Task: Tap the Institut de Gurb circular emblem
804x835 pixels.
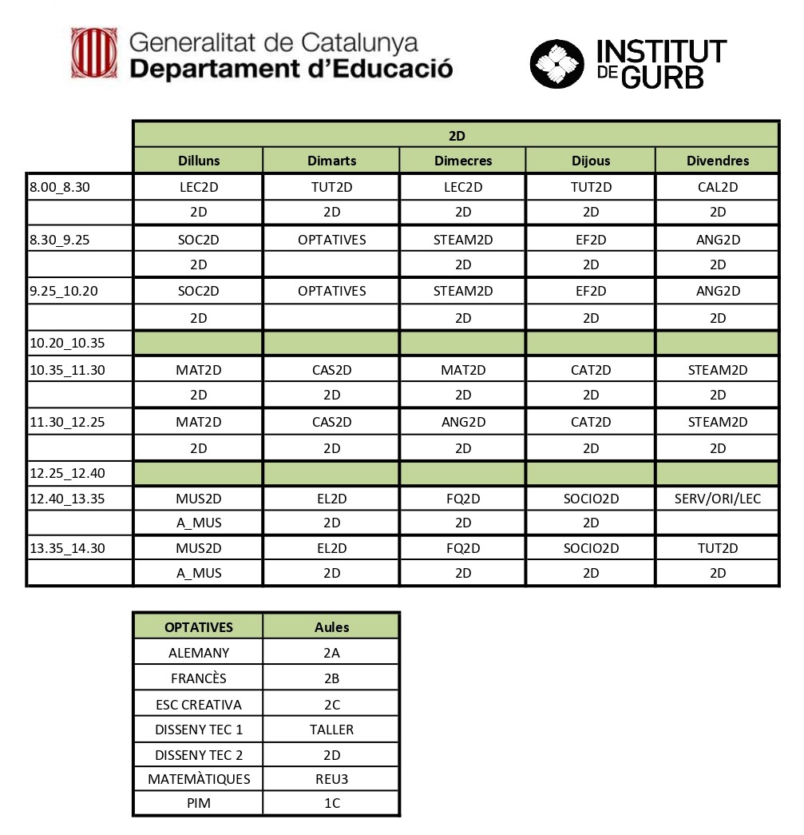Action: [x=557, y=63]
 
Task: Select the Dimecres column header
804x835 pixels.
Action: [x=463, y=161]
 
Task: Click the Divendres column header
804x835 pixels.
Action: [x=718, y=161]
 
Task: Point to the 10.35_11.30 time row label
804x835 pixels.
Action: [x=68, y=370]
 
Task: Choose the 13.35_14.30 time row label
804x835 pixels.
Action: [x=68, y=548]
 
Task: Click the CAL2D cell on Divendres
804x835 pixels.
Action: [x=718, y=188]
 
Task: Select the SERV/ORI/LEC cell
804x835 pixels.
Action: [x=718, y=499]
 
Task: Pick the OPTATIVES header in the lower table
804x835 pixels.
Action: [x=199, y=627]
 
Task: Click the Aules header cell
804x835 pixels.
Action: [x=331, y=627]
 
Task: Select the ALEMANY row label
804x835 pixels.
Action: [x=199, y=653]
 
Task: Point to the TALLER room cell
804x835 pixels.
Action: [x=331, y=729]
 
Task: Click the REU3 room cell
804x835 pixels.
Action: [x=331, y=779]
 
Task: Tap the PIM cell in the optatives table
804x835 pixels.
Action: [x=199, y=803]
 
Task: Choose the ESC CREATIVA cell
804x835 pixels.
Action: [x=199, y=705]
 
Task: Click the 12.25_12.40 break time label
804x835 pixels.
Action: [x=68, y=473]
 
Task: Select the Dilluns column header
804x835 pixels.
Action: [x=199, y=161]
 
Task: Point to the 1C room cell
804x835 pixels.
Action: [x=331, y=803]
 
